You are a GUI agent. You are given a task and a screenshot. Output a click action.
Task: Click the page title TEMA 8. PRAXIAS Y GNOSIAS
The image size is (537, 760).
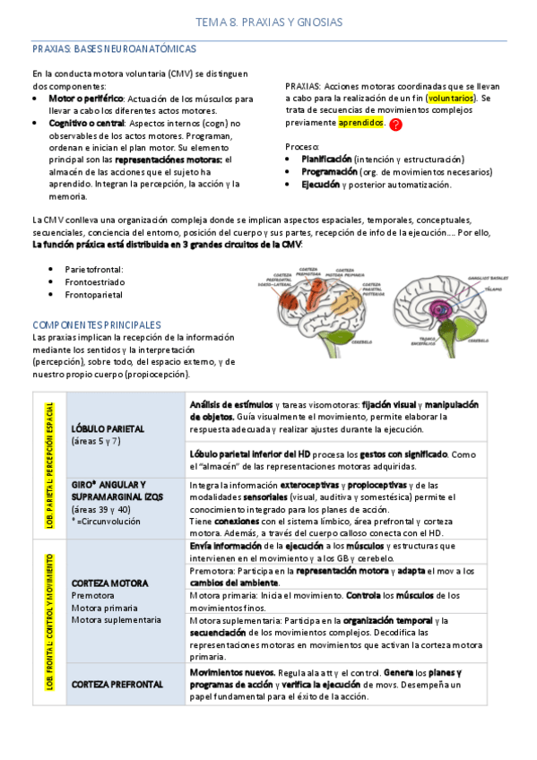pos(269,21)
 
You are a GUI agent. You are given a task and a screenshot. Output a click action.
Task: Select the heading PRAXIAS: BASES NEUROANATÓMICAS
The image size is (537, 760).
pos(114,48)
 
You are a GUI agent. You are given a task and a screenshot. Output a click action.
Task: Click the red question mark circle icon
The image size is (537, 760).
pos(396,125)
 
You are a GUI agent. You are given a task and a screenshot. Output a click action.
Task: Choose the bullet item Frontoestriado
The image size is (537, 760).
pos(95,281)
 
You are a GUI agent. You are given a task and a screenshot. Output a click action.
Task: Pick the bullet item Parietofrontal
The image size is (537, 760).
pos(94,268)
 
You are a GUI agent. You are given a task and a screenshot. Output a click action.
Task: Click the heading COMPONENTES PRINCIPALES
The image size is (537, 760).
pos(97,324)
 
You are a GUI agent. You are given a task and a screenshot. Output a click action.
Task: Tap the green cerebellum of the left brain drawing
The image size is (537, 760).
pos(337,332)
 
